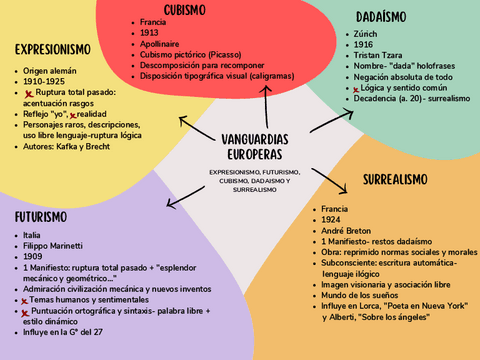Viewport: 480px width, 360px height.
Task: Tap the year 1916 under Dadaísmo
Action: [364, 44]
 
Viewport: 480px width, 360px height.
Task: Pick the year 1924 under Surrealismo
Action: [333, 219]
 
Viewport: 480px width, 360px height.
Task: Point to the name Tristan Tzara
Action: [380, 55]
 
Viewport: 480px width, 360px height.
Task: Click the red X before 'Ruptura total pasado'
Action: [30, 93]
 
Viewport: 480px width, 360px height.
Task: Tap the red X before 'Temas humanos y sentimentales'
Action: [23, 301]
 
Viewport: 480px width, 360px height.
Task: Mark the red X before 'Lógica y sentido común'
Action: [356, 89]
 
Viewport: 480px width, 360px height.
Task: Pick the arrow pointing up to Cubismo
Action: [267, 105]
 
